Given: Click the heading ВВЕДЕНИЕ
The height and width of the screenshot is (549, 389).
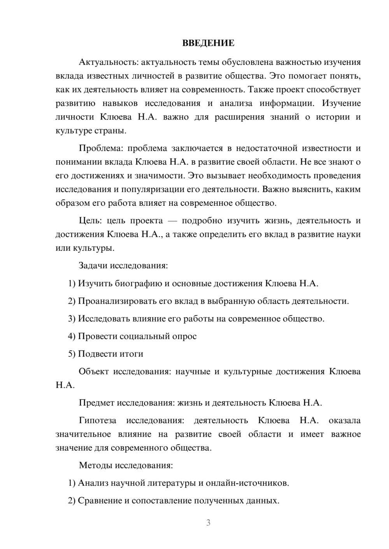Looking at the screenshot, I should click(x=208, y=43).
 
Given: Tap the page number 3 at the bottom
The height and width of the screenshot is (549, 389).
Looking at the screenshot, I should click(x=208, y=523).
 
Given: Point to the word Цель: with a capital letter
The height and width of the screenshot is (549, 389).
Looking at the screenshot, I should click(x=90, y=221).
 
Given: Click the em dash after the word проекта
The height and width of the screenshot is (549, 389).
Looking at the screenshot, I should click(x=172, y=221).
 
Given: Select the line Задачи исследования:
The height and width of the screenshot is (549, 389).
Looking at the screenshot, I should click(x=123, y=266).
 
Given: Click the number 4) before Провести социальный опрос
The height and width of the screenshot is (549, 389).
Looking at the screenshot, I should click(x=72, y=336).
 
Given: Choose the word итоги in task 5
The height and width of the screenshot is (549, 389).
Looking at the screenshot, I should click(x=131, y=354).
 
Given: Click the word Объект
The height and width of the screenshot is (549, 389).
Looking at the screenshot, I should click(x=94, y=372).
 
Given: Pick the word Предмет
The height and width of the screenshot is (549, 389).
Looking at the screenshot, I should click(x=96, y=403).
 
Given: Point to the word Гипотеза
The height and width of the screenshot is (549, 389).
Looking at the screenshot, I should click(x=97, y=420).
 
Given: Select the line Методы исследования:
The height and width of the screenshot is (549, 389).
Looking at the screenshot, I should click(x=126, y=465).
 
